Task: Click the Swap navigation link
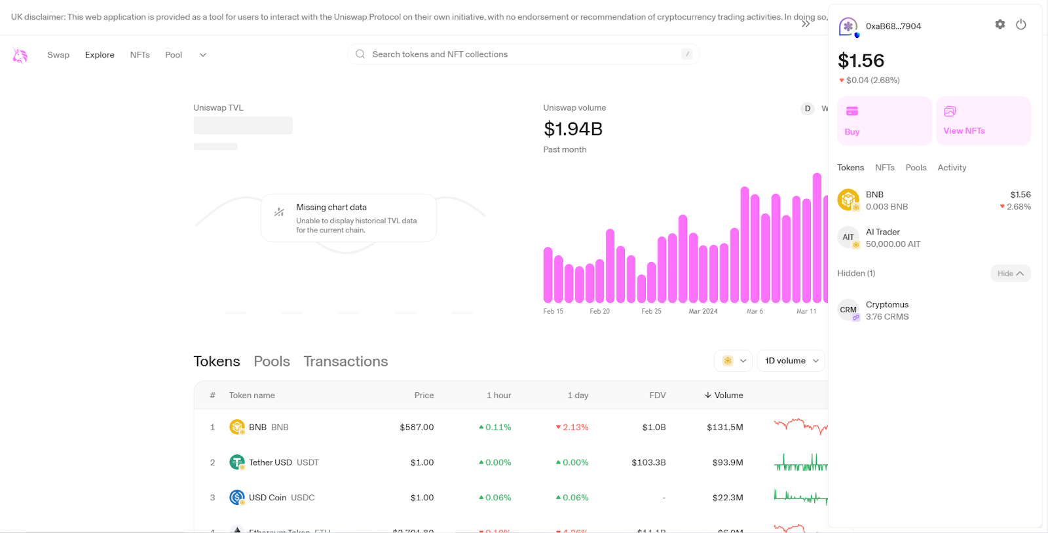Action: tap(58, 55)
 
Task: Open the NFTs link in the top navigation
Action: tap(140, 55)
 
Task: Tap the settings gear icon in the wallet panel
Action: tap(1000, 24)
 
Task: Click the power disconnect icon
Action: tap(1020, 24)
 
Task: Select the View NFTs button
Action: tap(983, 121)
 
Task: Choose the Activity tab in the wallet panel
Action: tap(951, 168)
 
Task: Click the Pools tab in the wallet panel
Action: tap(916, 168)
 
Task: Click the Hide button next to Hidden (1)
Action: tap(1010, 274)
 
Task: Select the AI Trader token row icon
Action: tap(848, 237)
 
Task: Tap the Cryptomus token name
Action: tap(887, 304)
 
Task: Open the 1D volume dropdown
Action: tap(791, 361)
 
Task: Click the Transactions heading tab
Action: tap(345, 361)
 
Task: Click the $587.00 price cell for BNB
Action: tap(417, 427)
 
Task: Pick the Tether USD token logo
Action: tap(236, 462)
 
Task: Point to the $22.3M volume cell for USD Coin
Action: tap(727, 498)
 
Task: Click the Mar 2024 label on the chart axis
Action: tap(703, 312)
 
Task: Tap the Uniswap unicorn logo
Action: tap(20, 56)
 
